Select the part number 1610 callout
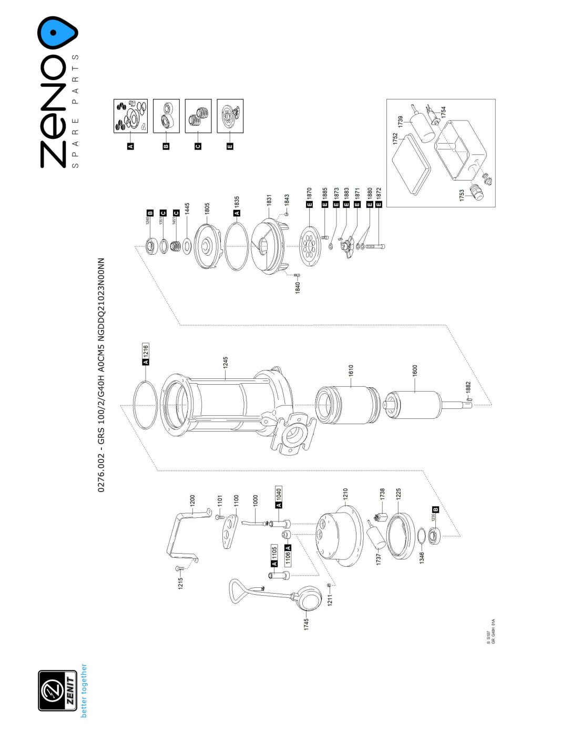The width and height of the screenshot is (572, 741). pyautogui.click(x=351, y=370)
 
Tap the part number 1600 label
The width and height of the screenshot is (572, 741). pyautogui.click(x=415, y=370)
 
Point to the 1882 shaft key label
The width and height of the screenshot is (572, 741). pyautogui.click(x=468, y=389)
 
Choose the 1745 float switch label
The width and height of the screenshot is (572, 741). pyautogui.click(x=307, y=624)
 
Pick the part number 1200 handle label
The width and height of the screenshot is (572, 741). pyautogui.click(x=192, y=500)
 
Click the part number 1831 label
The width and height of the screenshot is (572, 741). pyautogui.click(x=269, y=201)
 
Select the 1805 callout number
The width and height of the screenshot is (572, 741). pyautogui.click(x=207, y=209)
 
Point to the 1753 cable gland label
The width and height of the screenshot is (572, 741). pyautogui.click(x=462, y=195)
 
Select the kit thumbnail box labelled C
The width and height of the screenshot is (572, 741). pyautogui.click(x=198, y=116)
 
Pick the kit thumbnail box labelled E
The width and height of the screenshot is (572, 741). pyautogui.click(x=230, y=116)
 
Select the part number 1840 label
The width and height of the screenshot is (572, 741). pyautogui.click(x=298, y=287)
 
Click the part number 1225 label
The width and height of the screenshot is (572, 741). pyautogui.click(x=399, y=494)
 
